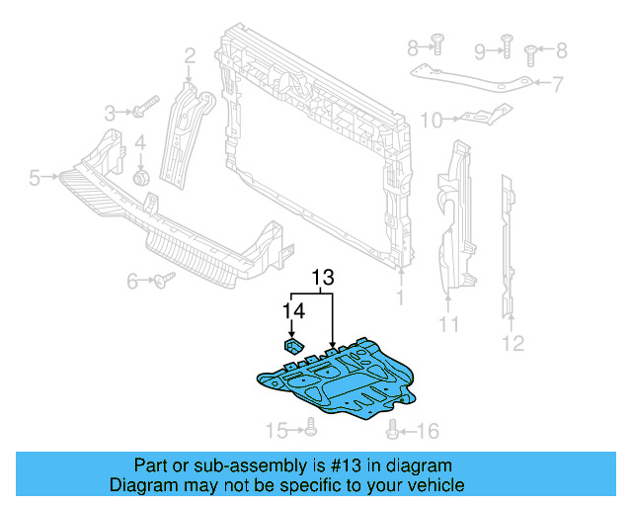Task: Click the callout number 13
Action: (x=323, y=278)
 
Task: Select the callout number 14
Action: (x=293, y=309)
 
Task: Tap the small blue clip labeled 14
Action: (x=293, y=345)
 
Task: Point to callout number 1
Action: (x=401, y=296)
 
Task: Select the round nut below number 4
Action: (x=140, y=178)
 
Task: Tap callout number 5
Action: (x=35, y=178)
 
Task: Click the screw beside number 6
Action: (x=163, y=280)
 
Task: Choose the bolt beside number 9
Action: (x=507, y=42)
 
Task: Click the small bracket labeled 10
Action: (x=481, y=116)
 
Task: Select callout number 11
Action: (x=448, y=325)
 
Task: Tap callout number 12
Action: (x=513, y=344)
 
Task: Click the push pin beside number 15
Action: (x=311, y=426)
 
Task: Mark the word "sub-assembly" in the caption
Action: (x=223, y=465)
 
